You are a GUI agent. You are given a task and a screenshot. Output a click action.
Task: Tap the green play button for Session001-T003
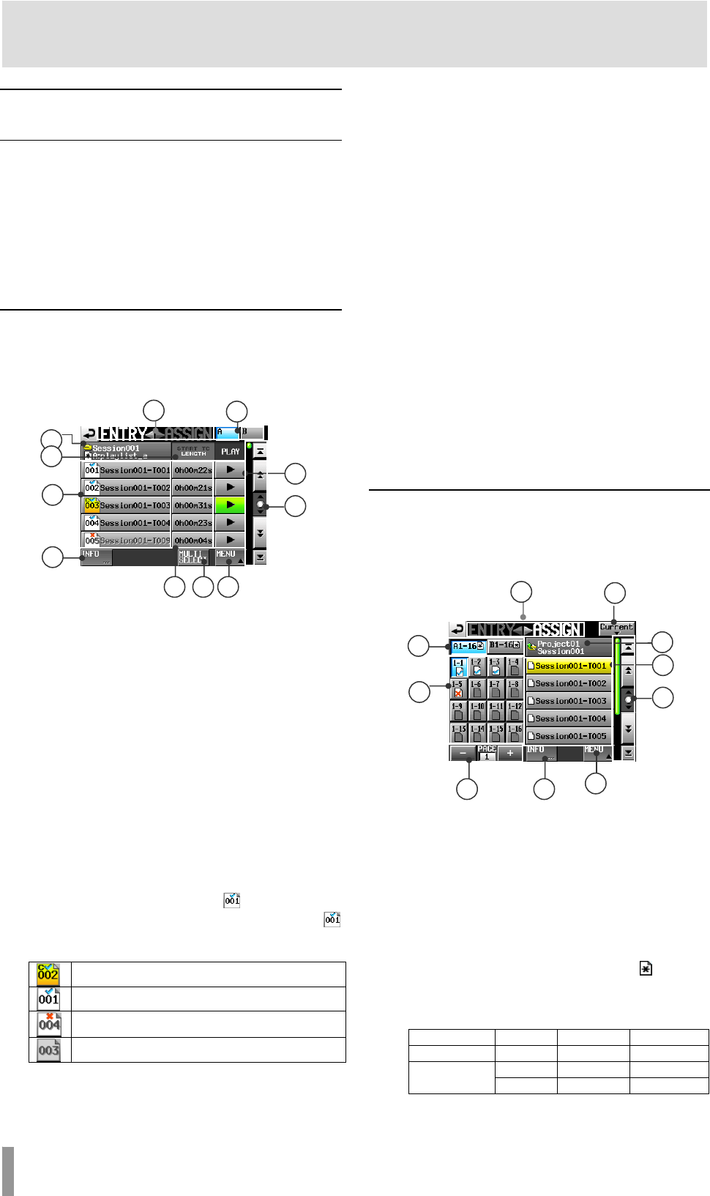point(230,505)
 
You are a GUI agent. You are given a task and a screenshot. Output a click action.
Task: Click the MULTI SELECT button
point(193,557)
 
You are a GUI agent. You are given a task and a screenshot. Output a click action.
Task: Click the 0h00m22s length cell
point(193,470)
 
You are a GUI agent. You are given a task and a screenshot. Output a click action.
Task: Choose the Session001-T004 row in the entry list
point(135,523)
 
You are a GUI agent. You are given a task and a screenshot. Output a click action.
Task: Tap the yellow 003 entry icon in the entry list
point(91,505)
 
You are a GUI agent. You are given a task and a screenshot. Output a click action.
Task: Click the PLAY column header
point(230,451)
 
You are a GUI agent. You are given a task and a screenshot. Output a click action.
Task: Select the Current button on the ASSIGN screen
point(616,628)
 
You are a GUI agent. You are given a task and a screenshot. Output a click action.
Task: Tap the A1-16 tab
point(468,646)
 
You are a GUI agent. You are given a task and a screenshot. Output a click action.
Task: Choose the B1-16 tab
point(505,646)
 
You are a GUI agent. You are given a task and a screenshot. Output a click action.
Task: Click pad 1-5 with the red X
point(458,688)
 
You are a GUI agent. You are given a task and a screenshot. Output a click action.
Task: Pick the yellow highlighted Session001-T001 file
point(569,666)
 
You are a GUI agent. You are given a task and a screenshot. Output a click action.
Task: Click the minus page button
point(463,753)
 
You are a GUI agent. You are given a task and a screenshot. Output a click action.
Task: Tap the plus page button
point(510,753)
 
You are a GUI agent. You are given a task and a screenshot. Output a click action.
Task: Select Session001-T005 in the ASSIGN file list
point(569,736)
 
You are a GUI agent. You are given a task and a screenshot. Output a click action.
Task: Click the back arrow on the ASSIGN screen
point(457,629)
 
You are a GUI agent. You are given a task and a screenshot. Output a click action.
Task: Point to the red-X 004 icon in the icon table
point(49,1023)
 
